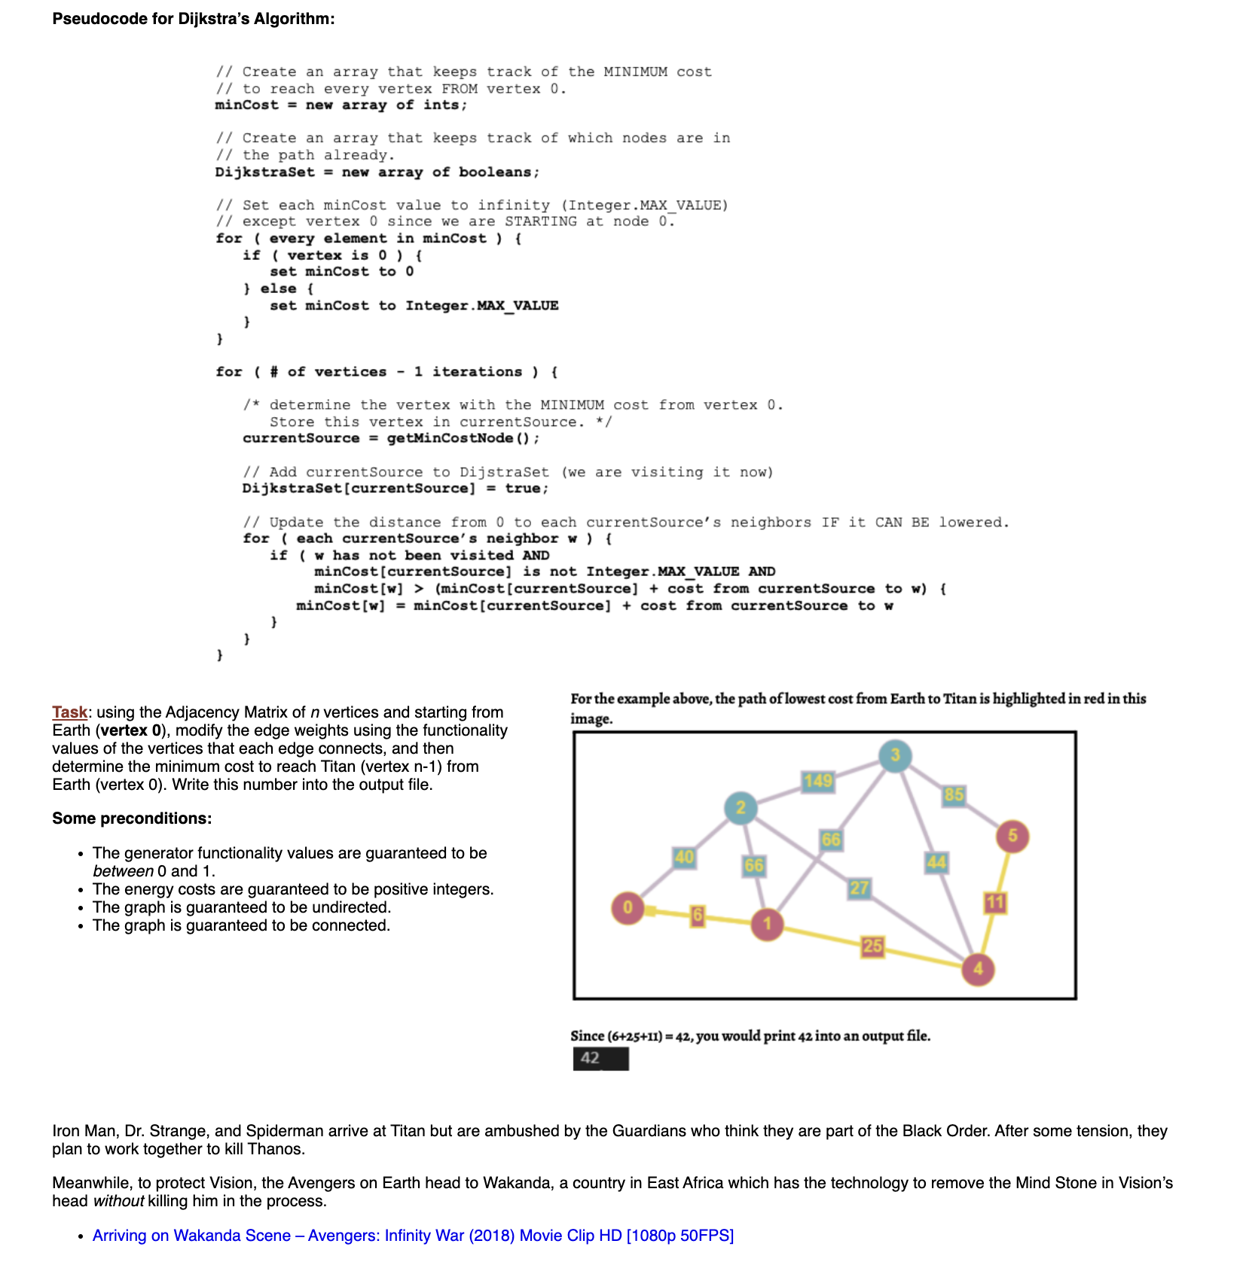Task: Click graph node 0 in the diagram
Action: click(x=628, y=907)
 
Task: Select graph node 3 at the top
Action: click(x=895, y=755)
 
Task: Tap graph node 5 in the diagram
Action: click(x=1012, y=836)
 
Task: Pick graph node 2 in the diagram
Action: click(x=741, y=808)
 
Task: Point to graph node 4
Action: click(x=978, y=969)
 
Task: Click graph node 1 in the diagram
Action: click(x=767, y=924)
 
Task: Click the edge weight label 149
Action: click(x=818, y=781)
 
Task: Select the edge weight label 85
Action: click(x=954, y=794)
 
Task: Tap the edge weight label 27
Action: click(x=859, y=889)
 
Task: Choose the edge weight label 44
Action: click(x=936, y=862)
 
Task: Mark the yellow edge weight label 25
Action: click(x=872, y=946)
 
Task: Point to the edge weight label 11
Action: click(x=995, y=902)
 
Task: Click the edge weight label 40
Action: click(x=684, y=857)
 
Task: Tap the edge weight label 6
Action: click(x=698, y=916)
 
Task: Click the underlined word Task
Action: click(x=69, y=712)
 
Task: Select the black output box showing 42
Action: click(x=600, y=1059)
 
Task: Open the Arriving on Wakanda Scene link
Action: click(x=413, y=1236)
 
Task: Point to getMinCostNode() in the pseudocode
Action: click(x=462, y=438)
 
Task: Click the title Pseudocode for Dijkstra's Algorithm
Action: click(x=194, y=19)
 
